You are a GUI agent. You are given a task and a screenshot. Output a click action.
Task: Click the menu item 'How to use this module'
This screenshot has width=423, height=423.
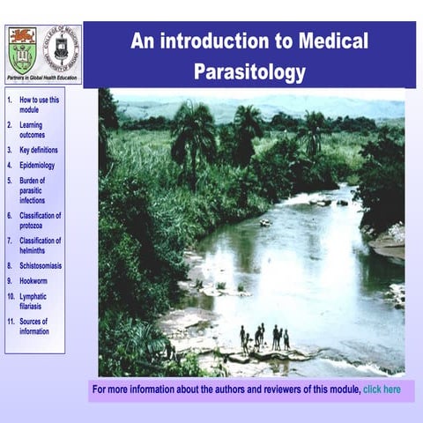(x=39, y=105)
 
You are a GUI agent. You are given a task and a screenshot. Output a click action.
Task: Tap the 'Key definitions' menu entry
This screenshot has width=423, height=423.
(x=39, y=150)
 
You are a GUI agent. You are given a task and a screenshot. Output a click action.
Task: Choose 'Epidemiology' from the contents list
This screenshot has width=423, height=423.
(x=37, y=165)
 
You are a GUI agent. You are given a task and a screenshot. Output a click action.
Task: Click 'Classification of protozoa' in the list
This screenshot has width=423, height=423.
(x=40, y=219)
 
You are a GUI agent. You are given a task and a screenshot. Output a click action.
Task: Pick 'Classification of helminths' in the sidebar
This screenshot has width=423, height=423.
(x=40, y=245)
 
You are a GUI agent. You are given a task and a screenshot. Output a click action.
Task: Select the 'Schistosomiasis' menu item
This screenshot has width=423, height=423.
(x=40, y=264)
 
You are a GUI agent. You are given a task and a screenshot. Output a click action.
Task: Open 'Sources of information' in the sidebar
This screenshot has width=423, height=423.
(x=34, y=326)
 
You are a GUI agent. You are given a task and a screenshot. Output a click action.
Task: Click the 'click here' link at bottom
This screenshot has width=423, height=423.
(x=382, y=389)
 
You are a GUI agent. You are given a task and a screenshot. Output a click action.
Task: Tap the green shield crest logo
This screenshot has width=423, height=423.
(x=21, y=50)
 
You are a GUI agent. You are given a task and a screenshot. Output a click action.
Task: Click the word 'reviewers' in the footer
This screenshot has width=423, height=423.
(x=277, y=389)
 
